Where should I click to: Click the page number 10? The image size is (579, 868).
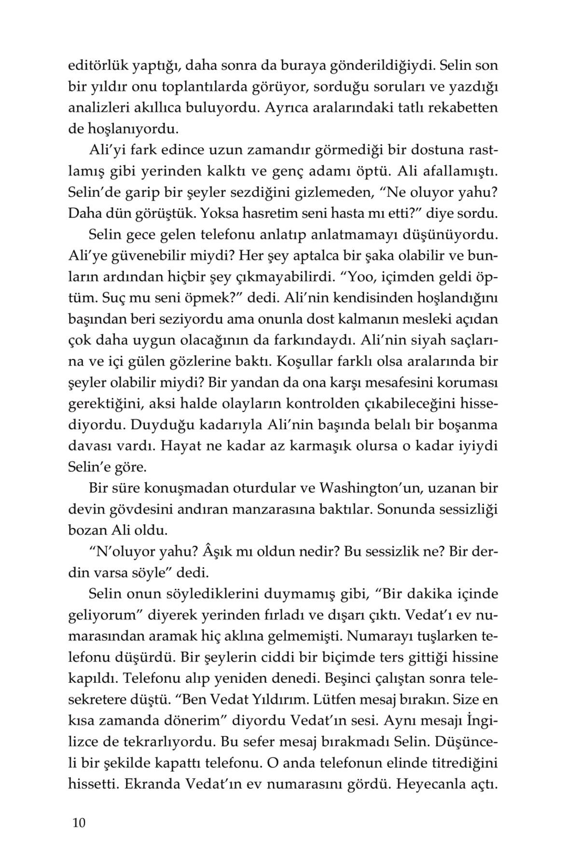[x=79, y=823]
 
